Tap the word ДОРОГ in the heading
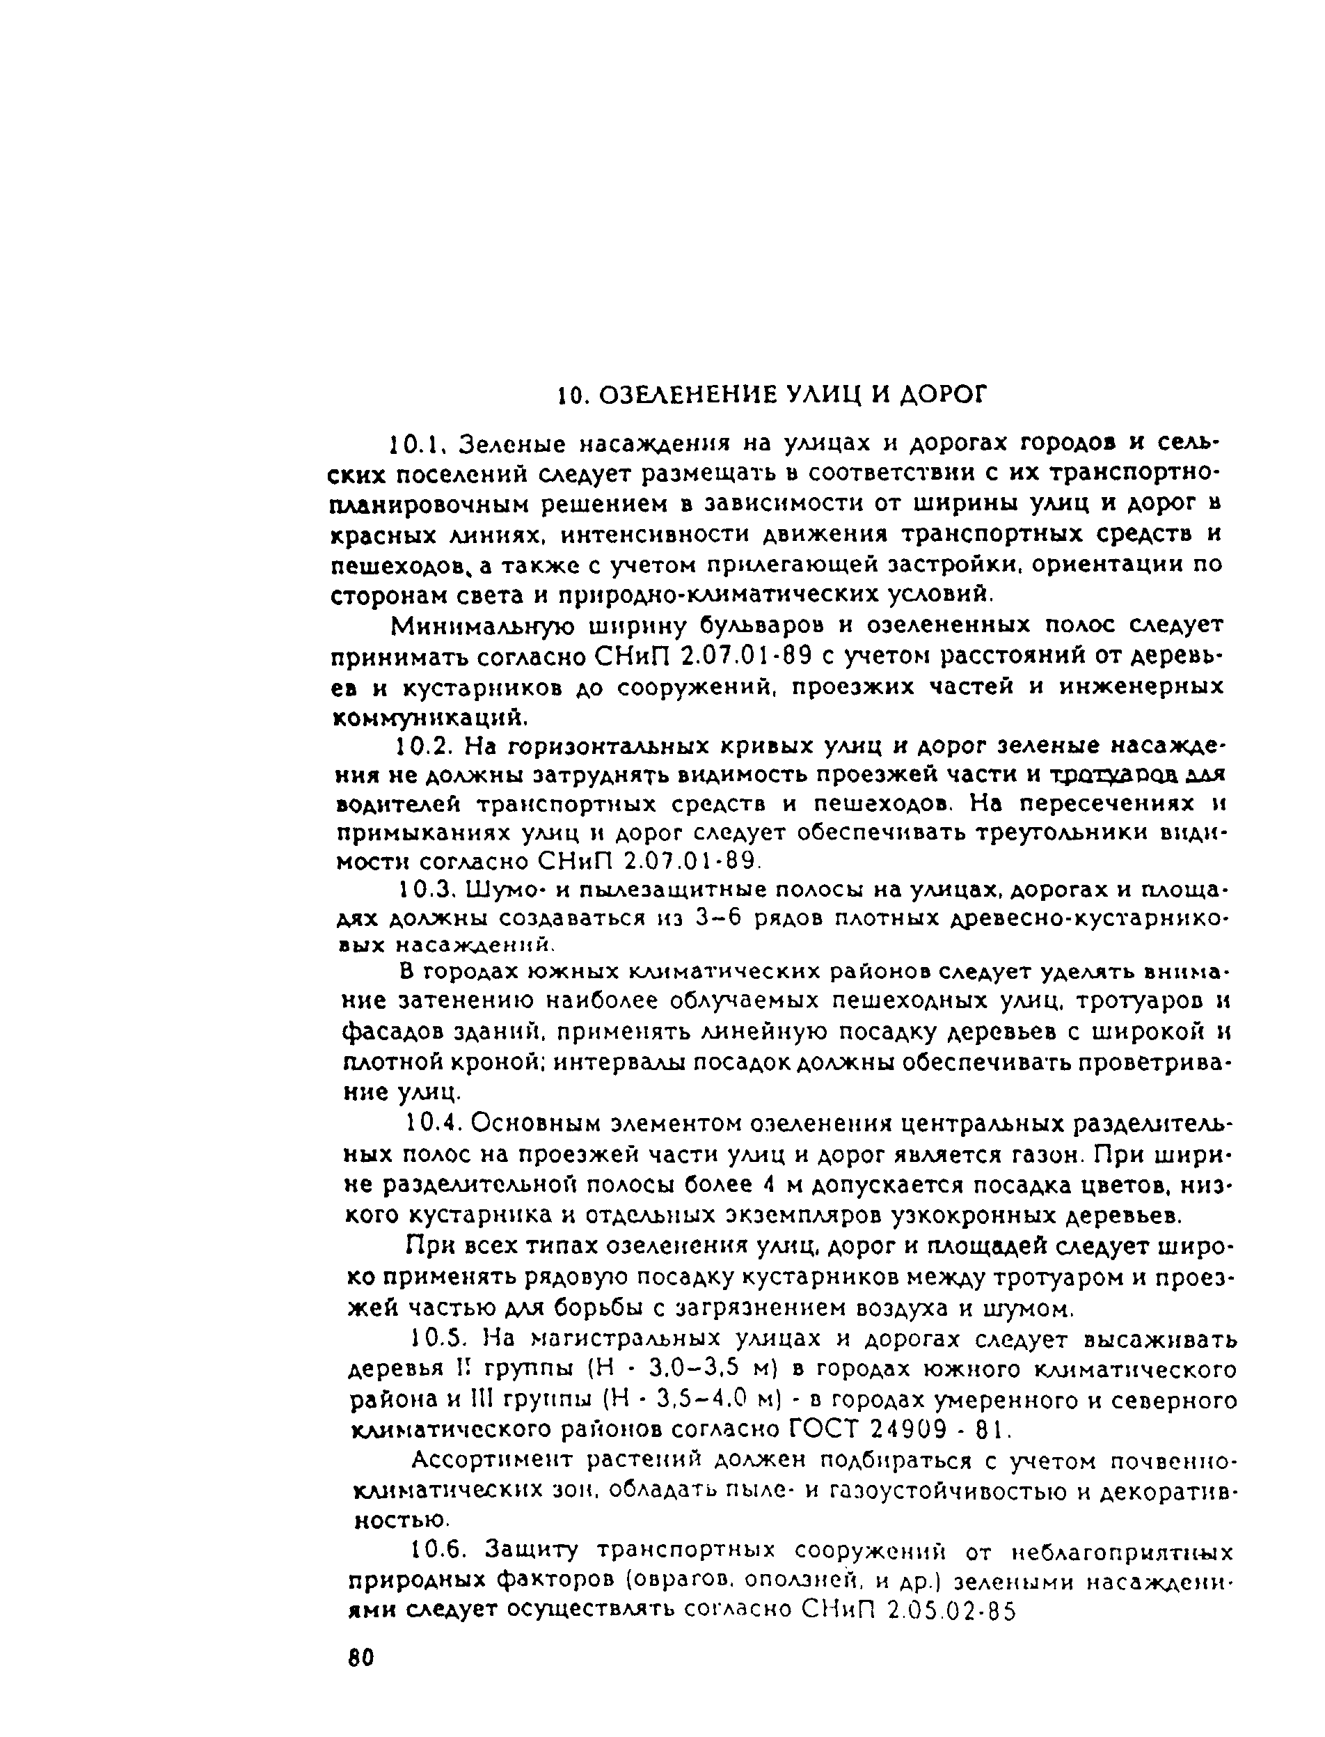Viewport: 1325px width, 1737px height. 943,395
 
